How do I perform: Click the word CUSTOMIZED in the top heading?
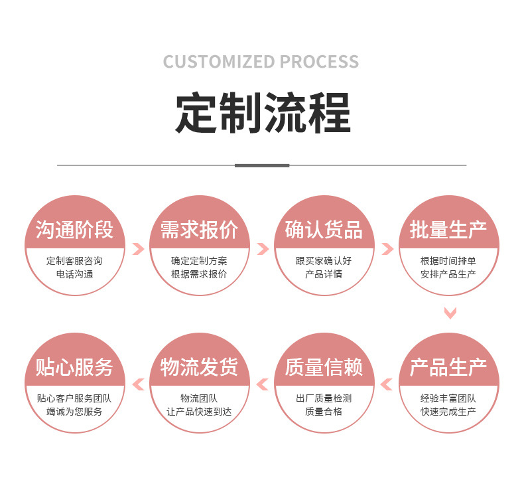pyautogui.click(x=219, y=62)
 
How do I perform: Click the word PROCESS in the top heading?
pyautogui.click(x=319, y=62)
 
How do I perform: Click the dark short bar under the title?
pyautogui.click(x=262, y=165)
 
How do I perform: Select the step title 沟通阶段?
pyautogui.click(x=74, y=230)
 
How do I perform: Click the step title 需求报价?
pyautogui.click(x=199, y=230)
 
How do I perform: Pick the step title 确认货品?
pyautogui.click(x=324, y=230)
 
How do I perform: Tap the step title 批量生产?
pyautogui.click(x=448, y=230)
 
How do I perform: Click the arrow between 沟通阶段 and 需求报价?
pyautogui.click(x=138, y=249)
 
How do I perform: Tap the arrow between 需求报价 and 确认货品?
pyautogui.click(x=263, y=249)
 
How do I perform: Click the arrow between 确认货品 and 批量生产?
pyautogui.click(x=387, y=249)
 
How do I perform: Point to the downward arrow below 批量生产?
pyautogui.click(x=450, y=312)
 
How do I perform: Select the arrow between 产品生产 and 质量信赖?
pyautogui.click(x=387, y=384)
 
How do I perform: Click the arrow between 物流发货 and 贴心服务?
pyautogui.click(x=138, y=384)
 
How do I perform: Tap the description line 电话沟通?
pyautogui.click(x=74, y=274)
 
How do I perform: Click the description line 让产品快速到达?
pyautogui.click(x=199, y=412)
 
